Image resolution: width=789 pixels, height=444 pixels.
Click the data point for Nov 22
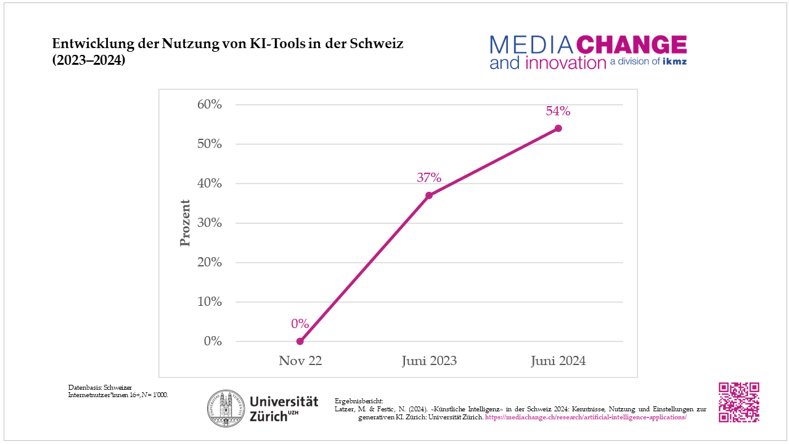tap(300, 341)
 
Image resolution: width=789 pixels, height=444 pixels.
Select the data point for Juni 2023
tap(429, 195)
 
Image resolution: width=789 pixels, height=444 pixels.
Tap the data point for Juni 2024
tap(558, 128)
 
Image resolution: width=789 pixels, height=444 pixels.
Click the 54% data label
tap(558, 112)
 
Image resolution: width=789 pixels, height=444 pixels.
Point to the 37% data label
tap(429, 178)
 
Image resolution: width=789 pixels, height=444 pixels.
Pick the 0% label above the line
tap(300, 324)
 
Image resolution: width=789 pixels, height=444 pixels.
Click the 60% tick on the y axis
tap(210, 104)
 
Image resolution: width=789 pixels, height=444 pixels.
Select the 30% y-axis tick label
tap(210, 223)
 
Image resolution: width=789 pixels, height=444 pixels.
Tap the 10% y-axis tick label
tap(210, 302)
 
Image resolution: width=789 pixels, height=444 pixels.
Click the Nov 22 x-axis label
tap(300, 361)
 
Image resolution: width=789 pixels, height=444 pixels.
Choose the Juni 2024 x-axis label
tap(558, 361)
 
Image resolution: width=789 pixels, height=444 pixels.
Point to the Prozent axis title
tap(185, 223)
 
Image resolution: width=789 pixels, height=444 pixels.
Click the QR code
tap(738, 402)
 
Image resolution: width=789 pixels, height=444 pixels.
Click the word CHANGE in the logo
tap(631, 45)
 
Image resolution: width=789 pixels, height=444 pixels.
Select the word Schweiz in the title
tap(377, 44)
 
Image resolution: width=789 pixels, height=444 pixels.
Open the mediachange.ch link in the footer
tap(586, 417)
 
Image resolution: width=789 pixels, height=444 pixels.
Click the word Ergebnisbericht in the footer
tap(359, 401)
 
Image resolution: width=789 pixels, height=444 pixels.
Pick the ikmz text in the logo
tap(674, 62)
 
